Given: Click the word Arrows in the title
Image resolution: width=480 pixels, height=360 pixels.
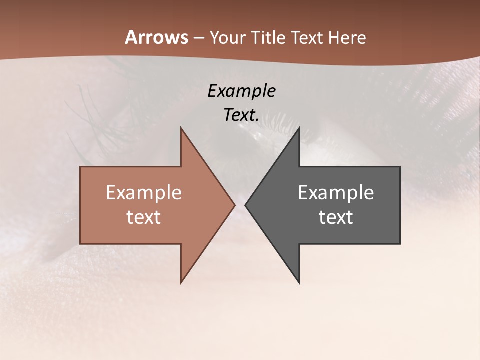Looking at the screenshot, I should (156, 37).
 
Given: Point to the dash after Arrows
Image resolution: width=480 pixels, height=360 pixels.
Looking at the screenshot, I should (198, 38).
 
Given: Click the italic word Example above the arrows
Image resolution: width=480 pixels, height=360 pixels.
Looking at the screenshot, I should (241, 91).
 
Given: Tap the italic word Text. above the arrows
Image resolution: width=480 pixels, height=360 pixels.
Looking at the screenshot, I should (241, 115).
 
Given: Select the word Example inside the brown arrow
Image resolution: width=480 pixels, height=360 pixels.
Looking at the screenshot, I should (144, 193).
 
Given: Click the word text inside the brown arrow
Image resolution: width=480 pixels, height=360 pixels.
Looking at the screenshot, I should (144, 217).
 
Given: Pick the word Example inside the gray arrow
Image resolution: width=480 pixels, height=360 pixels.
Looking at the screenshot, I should (336, 193).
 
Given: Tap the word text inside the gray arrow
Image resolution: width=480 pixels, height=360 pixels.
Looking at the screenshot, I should (336, 217).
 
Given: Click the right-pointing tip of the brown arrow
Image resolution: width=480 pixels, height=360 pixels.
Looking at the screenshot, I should (235, 205).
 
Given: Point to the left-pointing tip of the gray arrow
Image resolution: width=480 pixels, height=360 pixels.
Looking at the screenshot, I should (245, 205).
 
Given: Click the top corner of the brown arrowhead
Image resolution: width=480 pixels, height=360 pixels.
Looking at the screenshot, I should (181, 128).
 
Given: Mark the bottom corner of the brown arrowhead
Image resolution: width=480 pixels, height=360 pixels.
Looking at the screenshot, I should (181, 283).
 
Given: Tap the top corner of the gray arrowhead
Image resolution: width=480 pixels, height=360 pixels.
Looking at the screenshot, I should (299, 128).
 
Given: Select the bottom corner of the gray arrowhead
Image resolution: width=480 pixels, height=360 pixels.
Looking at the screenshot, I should (299, 283).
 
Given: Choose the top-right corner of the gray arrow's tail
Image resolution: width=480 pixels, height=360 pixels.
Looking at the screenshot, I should (400, 167).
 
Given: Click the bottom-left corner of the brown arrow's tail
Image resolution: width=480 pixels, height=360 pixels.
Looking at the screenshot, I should (80, 244).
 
